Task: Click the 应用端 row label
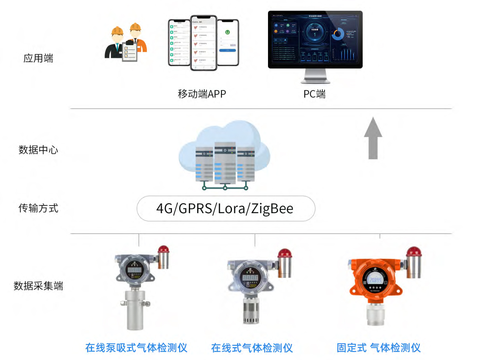tap(38, 58)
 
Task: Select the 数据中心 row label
tap(38, 150)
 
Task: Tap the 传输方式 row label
tap(38, 208)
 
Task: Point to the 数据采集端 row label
tap(38, 286)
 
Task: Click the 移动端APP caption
tap(202, 94)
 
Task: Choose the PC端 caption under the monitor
tap(314, 94)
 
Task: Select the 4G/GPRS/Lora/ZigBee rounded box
tap(226, 209)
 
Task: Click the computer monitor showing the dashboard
tap(315, 40)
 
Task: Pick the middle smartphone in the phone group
tap(204, 43)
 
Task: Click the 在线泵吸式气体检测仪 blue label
tap(136, 348)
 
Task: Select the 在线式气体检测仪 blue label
tap(252, 348)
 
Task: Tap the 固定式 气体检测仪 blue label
tap(378, 348)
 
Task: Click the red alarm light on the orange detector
tap(413, 251)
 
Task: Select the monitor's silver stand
tap(315, 76)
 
